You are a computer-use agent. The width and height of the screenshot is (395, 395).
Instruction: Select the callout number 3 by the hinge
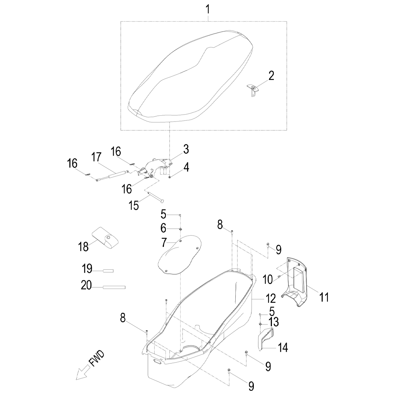click(186, 149)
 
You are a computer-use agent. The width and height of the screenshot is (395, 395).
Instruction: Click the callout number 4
click(186, 167)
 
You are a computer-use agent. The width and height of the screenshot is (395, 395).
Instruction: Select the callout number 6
click(164, 228)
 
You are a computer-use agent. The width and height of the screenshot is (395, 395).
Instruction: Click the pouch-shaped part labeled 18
click(106, 238)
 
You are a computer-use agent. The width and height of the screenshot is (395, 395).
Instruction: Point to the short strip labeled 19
click(108, 271)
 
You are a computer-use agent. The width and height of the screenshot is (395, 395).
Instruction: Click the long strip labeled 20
click(114, 287)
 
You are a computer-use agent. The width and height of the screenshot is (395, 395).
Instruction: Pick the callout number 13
click(274, 322)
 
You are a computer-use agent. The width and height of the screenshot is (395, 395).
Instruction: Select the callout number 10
click(268, 279)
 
